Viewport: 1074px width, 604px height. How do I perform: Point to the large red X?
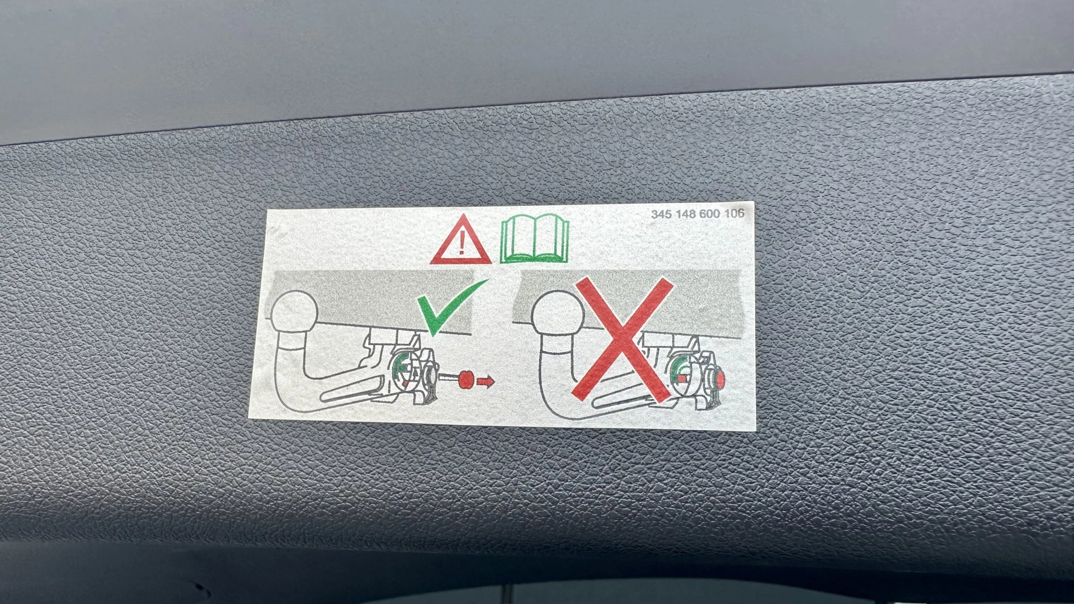[622, 339]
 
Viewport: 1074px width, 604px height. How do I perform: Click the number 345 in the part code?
[662, 214]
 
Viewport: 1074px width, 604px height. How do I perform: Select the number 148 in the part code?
[685, 214]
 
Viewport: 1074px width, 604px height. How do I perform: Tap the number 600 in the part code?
[709, 214]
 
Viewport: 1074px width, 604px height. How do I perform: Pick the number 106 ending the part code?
[734, 213]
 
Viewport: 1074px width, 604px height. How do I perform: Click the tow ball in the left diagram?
[294, 313]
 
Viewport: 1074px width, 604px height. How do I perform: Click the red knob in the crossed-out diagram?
[720, 380]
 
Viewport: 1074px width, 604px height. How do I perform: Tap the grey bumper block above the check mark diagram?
[369, 302]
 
